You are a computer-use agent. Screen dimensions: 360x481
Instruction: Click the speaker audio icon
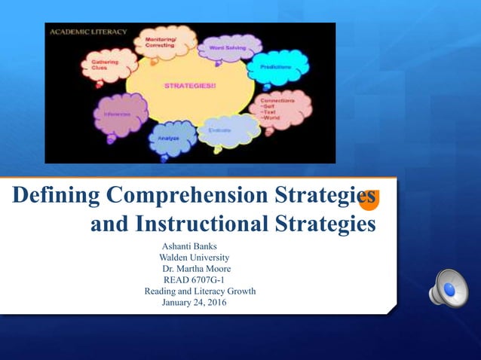pyautogui.click(x=448, y=288)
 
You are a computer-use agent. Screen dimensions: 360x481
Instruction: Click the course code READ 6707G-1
pyautogui.click(x=188, y=280)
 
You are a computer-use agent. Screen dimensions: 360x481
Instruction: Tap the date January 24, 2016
pyautogui.click(x=193, y=303)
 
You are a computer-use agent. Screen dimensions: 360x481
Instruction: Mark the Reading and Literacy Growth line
pyautogui.click(x=200, y=291)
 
